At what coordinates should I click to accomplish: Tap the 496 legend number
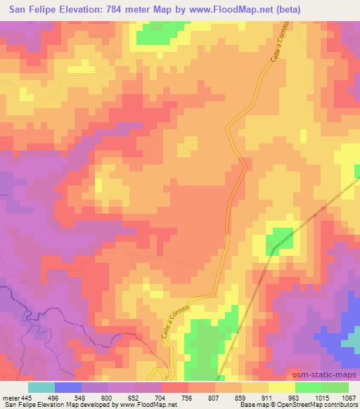[62, 397]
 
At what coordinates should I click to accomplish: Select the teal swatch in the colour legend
[41, 387]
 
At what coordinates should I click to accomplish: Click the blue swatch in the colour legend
[68, 387]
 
